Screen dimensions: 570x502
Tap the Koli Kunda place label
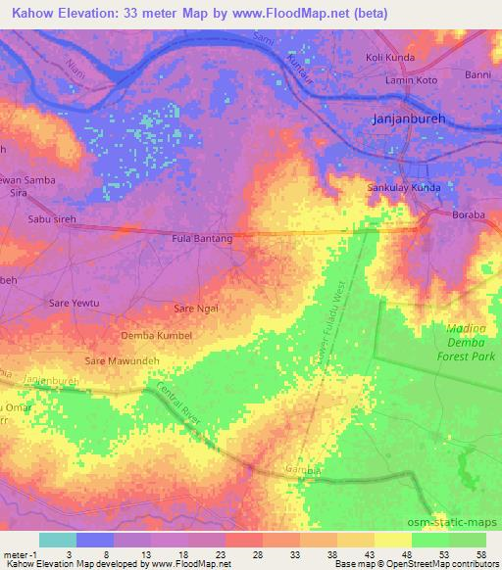point(389,57)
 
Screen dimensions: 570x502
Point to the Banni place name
point(477,74)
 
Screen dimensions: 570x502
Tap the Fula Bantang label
point(202,238)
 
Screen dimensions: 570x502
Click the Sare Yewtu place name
point(74,304)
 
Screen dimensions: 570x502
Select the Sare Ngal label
point(196,309)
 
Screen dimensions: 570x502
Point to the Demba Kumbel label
point(156,335)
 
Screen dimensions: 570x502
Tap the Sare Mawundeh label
point(123,361)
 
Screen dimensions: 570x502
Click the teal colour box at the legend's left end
point(57,541)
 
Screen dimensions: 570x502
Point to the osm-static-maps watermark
point(461,518)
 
